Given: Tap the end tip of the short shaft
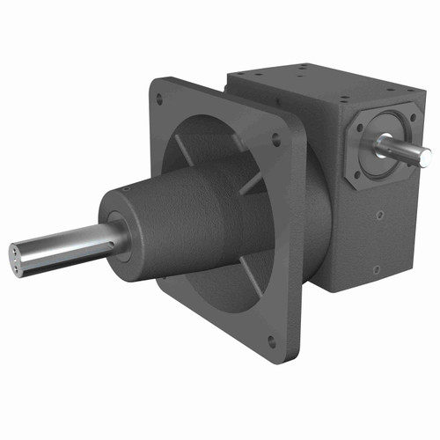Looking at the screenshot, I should (429, 158).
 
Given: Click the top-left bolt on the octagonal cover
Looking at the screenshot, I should (359, 128).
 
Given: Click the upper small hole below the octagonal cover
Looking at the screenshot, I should (379, 214).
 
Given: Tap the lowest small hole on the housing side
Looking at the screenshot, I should (376, 268).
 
